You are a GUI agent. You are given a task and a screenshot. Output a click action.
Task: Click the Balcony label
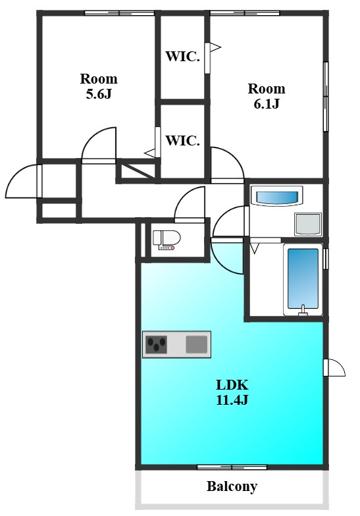[232, 486]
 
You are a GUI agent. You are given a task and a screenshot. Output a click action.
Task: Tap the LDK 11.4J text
[232, 392]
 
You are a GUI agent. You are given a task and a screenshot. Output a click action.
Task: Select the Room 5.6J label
[99, 86]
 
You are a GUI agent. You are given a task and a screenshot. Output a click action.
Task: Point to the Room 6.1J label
[266, 96]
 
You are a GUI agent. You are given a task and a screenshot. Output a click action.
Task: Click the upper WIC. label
[183, 57]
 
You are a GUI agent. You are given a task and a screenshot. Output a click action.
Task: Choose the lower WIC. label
[183, 141]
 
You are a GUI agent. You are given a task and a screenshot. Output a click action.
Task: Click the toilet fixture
[167, 240]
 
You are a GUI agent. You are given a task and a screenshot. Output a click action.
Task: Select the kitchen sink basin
[196, 344]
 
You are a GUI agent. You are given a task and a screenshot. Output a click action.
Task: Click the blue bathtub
[303, 278]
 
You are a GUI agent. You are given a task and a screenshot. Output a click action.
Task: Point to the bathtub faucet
[303, 311]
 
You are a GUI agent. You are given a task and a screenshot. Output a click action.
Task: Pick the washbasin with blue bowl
[276, 197]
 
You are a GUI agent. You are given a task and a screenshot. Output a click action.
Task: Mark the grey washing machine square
[308, 224]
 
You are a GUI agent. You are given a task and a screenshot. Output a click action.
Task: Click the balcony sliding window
[232, 467]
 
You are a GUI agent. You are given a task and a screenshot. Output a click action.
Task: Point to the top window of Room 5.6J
[120, 13]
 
